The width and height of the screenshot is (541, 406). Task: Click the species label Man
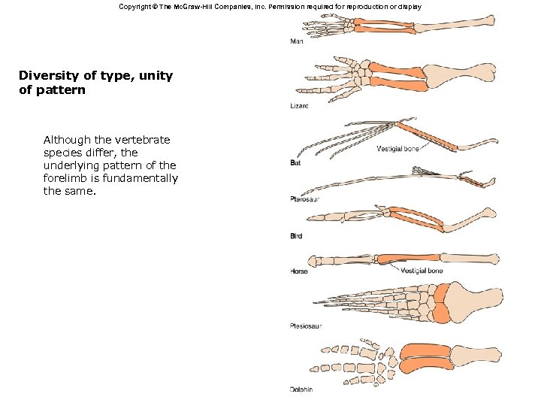point(297,41)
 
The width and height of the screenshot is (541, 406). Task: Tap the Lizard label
point(299,106)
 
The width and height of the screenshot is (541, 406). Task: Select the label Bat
point(296,162)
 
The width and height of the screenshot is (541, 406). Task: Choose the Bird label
point(296,236)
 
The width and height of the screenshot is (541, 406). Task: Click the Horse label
point(299,271)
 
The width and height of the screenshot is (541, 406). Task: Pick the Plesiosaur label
point(307,326)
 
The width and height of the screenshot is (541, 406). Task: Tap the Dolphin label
point(301,389)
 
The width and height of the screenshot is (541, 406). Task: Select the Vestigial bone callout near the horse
point(422,271)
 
